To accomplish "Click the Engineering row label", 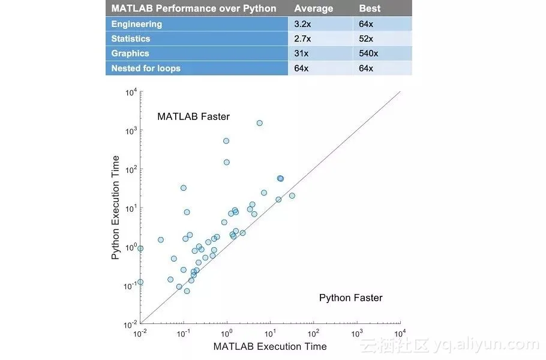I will coord(136,24).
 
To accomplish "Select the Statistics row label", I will coord(131,38).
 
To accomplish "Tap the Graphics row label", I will coord(130,53).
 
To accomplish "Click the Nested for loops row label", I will coord(146,68).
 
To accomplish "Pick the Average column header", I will coord(313,8).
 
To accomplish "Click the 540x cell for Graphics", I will coord(368,53).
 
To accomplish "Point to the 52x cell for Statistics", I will coord(366,38).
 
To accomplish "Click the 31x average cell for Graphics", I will coord(301,53).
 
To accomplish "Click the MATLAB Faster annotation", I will coord(193,116).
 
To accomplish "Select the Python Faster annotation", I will coord(350,298).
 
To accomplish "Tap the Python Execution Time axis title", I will coord(116,208).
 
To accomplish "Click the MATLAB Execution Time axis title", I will coord(270,346).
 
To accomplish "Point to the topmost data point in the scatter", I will coord(259,123).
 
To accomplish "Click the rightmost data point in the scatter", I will coord(292,196).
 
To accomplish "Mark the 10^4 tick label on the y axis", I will coord(131,92).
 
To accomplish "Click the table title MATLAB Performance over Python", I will coord(194,8).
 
